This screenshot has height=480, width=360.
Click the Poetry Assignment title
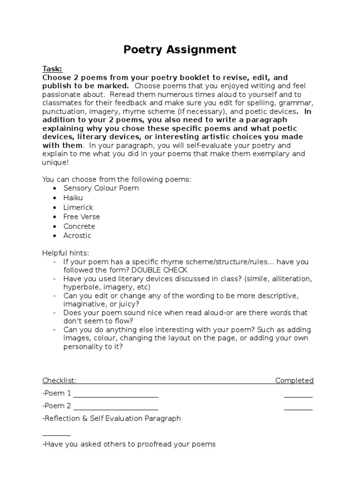click(x=180, y=50)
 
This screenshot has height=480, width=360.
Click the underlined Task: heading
click(x=52, y=68)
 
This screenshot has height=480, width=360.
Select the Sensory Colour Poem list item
click(x=101, y=188)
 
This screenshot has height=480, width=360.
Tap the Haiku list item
click(x=73, y=198)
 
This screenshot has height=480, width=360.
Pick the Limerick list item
click(x=78, y=207)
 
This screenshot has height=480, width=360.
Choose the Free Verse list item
click(x=82, y=217)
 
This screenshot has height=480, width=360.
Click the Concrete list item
click(x=79, y=226)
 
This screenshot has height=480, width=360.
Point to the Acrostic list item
click(x=77, y=236)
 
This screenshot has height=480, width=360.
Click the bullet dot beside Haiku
click(x=54, y=198)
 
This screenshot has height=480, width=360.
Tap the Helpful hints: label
click(x=62, y=253)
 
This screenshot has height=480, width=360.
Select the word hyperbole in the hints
click(x=81, y=287)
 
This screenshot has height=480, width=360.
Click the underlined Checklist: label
click(x=60, y=381)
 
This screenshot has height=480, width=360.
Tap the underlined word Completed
click(x=294, y=381)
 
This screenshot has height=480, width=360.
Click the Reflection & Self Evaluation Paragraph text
click(x=112, y=418)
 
